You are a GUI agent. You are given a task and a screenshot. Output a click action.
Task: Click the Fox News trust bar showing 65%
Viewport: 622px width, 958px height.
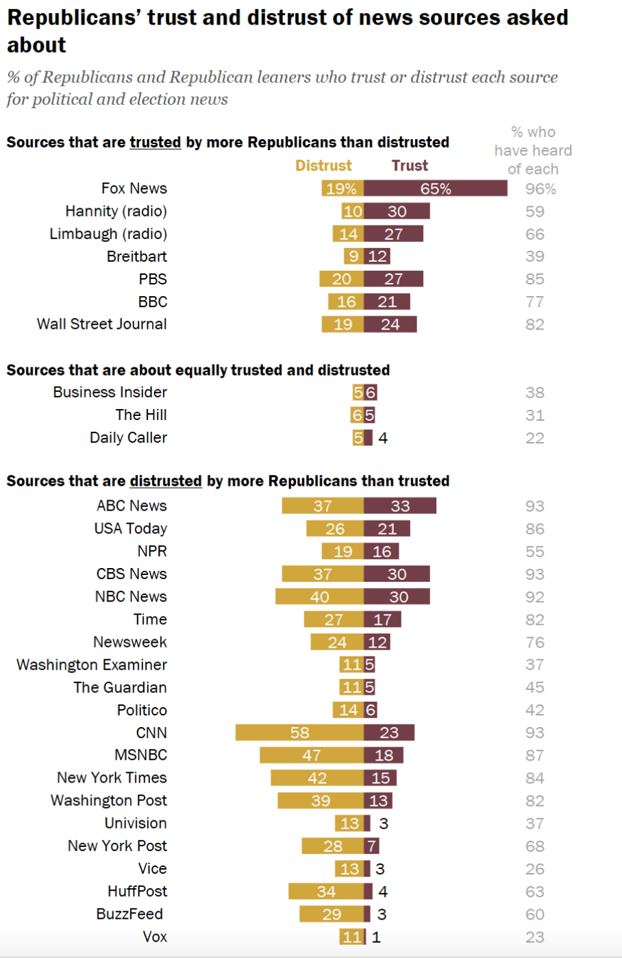[436, 188]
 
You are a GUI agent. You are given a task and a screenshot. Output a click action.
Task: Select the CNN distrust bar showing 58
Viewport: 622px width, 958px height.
[299, 733]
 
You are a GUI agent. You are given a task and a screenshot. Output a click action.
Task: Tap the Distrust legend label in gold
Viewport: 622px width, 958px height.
[323, 166]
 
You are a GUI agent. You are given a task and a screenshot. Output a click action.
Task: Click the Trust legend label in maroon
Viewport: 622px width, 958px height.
[410, 166]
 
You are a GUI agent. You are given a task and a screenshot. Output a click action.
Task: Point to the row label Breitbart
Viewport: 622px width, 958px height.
[137, 256]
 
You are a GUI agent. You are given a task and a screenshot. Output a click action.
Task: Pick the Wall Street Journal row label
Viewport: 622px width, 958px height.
[102, 324]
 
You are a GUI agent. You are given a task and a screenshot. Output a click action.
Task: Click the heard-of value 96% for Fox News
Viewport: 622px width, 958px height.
[540, 189]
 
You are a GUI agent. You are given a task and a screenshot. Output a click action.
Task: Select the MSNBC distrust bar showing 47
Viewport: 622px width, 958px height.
[312, 755]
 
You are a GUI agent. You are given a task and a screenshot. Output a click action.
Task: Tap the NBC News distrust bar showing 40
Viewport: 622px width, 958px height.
[319, 597]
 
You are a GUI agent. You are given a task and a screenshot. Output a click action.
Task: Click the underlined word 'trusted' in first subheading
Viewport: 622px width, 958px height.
[155, 143]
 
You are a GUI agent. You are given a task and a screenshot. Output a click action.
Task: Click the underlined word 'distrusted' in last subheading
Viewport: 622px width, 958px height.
[166, 481]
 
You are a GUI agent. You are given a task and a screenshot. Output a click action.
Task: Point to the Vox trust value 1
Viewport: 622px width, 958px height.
[376, 937]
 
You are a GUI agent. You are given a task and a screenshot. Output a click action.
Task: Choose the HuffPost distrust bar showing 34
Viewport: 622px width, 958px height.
[326, 892]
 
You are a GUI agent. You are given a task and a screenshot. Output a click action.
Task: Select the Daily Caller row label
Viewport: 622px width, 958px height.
[128, 438]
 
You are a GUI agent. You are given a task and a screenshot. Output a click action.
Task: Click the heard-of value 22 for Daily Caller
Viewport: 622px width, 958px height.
[534, 438]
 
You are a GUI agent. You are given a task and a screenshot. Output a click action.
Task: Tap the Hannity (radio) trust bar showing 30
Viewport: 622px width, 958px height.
[397, 211]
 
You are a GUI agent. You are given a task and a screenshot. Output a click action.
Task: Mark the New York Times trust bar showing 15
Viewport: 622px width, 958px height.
[380, 778]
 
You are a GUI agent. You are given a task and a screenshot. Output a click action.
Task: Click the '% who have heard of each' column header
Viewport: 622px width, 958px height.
[533, 151]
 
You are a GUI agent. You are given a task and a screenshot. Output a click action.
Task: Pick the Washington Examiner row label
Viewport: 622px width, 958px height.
[92, 665]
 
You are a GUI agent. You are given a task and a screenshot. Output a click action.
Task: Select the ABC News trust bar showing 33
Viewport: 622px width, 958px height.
[400, 506]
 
